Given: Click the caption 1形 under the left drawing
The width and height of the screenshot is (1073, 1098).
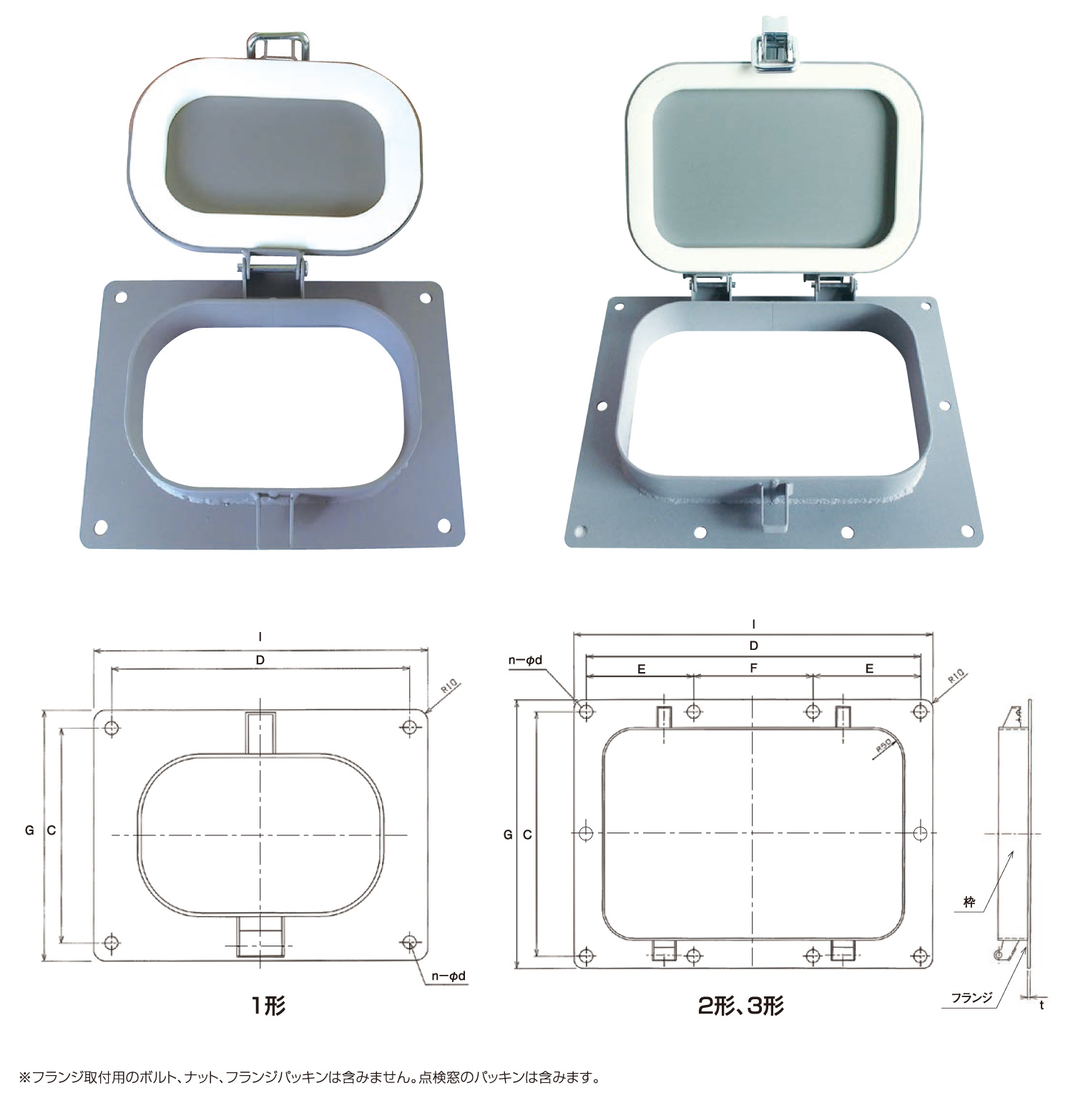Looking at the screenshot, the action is [x=268, y=1006].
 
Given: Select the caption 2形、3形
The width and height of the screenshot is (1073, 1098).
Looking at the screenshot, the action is [x=741, y=1006].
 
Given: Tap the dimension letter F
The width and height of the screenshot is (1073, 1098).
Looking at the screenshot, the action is [x=753, y=668].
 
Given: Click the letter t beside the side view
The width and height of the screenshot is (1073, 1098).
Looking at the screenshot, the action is [x=1042, y=1005].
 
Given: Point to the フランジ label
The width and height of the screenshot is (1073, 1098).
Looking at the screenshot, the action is [x=972, y=997].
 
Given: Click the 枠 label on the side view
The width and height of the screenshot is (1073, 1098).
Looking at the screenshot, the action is [x=969, y=903].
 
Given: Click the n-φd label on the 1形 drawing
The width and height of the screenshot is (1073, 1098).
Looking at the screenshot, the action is [x=449, y=976].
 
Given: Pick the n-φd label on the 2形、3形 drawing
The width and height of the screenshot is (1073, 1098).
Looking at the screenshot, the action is [x=526, y=660].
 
